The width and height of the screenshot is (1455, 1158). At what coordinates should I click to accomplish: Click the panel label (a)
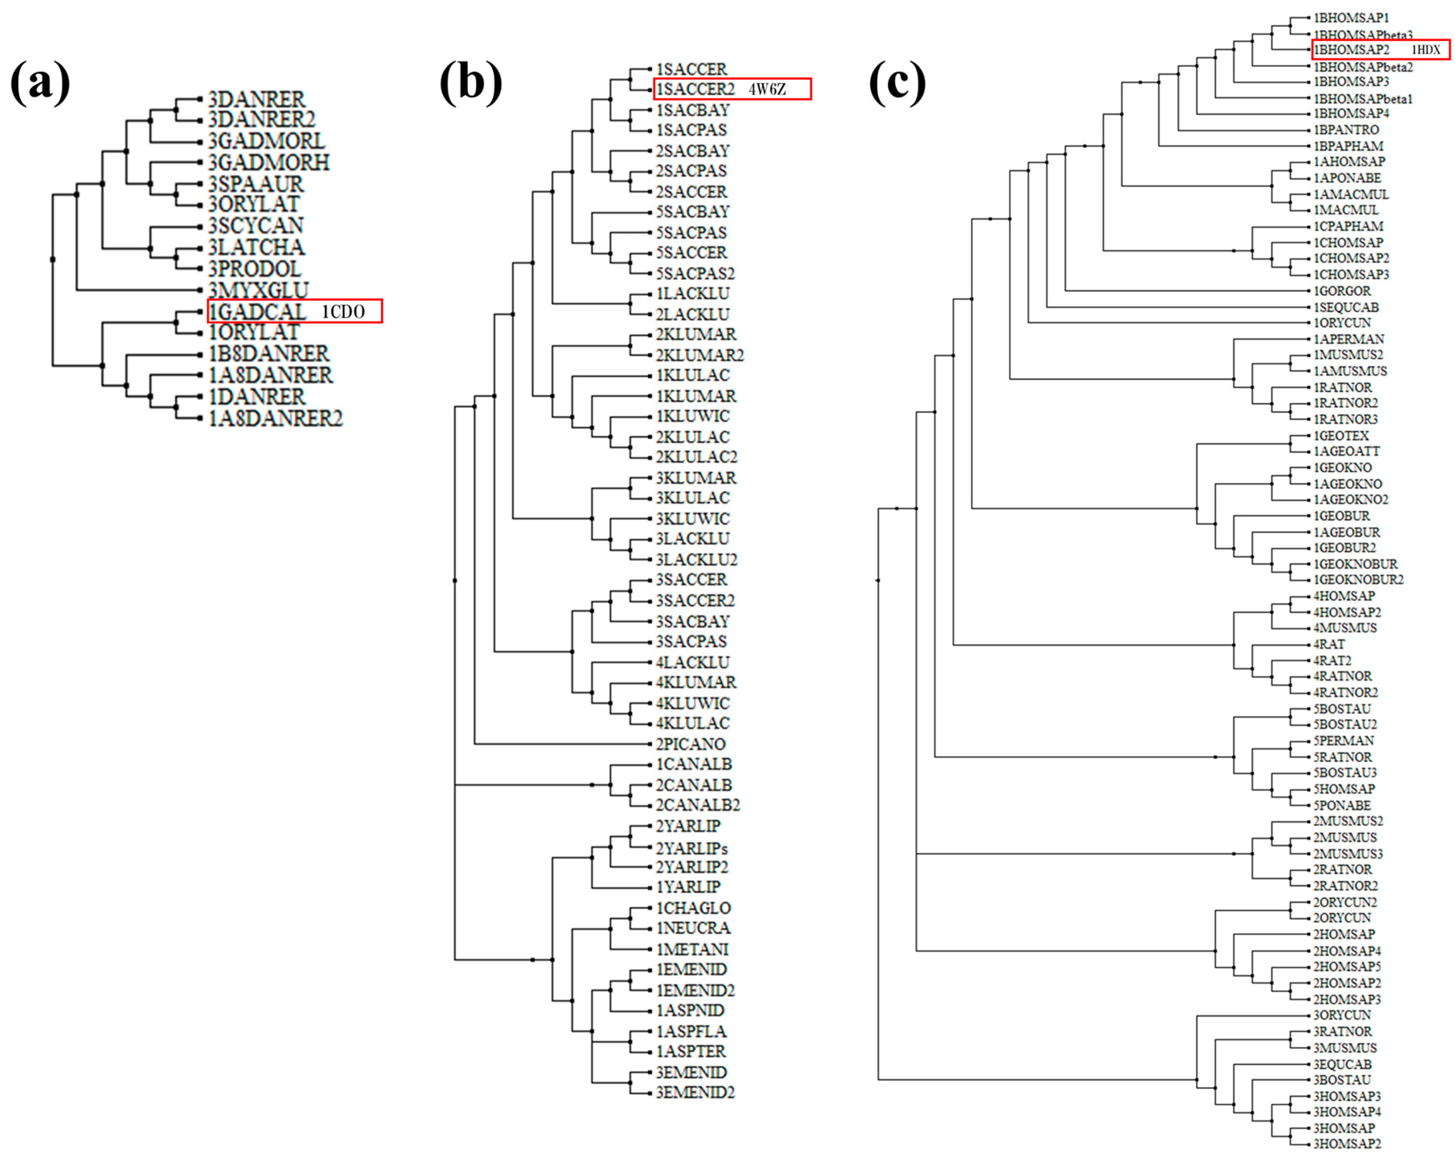point(40,82)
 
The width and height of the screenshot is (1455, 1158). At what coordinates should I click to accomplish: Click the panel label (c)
point(897,82)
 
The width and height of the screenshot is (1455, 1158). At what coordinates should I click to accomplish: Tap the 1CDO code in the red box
point(343,311)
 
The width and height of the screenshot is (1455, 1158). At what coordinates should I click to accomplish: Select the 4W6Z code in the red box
point(767,89)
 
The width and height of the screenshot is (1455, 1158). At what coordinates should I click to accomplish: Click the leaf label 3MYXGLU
point(258,290)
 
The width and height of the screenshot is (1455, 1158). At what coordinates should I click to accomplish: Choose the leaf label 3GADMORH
point(268,163)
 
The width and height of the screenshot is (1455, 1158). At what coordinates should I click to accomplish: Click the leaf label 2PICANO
point(690,744)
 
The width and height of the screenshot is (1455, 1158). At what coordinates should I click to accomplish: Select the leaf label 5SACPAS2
point(695,273)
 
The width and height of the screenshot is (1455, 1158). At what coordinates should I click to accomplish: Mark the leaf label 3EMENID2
point(695,1092)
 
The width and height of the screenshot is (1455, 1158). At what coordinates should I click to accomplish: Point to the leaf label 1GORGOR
point(1342,291)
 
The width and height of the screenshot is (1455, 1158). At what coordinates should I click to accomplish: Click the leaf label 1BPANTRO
point(1346,130)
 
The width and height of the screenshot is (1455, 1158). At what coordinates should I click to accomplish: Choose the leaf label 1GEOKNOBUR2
point(1358,579)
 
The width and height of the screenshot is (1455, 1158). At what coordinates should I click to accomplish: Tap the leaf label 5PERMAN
point(1343,740)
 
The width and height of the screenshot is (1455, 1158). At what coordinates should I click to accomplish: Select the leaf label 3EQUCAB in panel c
point(1342,1064)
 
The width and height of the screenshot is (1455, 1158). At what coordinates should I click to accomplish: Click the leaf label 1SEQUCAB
point(1346,307)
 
